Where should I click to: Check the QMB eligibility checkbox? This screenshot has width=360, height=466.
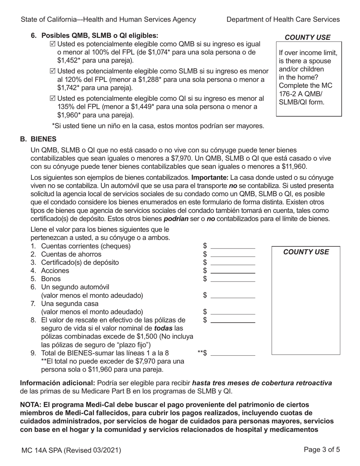(52, 44)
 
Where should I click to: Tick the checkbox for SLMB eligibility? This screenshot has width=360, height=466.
(52, 71)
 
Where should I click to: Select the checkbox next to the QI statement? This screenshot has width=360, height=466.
(52, 99)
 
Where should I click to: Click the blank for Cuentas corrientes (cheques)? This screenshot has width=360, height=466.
(233, 246)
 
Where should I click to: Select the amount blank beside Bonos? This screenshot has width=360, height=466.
(233, 279)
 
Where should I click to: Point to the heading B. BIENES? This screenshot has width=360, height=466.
(38, 139)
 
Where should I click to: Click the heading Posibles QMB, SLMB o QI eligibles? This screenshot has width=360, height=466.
(99, 36)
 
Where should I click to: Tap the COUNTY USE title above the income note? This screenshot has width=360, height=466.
(307, 38)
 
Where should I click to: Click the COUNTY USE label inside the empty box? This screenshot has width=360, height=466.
(306, 252)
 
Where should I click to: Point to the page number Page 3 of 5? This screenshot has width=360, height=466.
(322, 450)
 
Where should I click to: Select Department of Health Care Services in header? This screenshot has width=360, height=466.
(283, 20)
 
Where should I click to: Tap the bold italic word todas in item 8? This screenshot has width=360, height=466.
(163, 328)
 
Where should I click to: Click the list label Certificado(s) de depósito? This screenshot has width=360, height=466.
(80, 263)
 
